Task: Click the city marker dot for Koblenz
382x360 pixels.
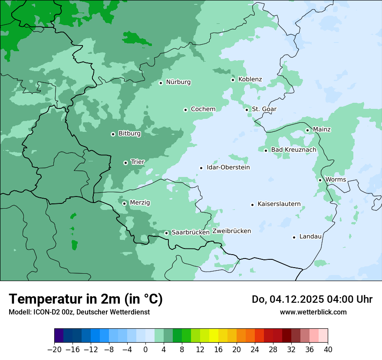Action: pyautogui.click(x=233, y=80)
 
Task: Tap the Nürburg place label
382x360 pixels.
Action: pyautogui.click(x=178, y=82)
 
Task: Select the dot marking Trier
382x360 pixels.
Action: pyautogui.click(x=125, y=163)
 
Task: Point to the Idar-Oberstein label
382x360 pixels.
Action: pyautogui.click(x=228, y=167)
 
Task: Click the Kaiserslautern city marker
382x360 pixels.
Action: pyautogui.click(x=252, y=205)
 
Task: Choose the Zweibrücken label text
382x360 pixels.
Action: pyautogui.click(x=231, y=231)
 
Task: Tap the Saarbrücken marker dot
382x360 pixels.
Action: pyautogui.click(x=166, y=233)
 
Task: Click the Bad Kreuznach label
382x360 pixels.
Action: pyautogui.click(x=293, y=150)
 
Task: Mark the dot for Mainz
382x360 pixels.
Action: pyautogui.click(x=307, y=130)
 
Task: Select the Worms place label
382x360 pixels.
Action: pyautogui.click(x=336, y=180)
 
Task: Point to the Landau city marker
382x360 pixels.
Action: pyautogui.click(x=294, y=237)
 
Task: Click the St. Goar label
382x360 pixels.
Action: pyautogui.click(x=264, y=109)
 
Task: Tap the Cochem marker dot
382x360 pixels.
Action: pyautogui.click(x=185, y=110)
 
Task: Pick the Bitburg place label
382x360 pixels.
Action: pyautogui.click(x=129, y=134)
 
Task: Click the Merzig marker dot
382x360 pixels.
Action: pyautogui.click(x=124, y=203)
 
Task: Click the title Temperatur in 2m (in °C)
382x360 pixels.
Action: pyautogui.click(x=86, y=299)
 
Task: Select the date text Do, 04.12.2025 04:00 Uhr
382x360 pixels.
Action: pyautogui.click(x=312, y=299)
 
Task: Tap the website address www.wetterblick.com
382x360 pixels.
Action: pyautogui.click(x=313, y=312)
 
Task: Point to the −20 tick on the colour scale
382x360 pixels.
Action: pyautogui.click(x=54, y=350)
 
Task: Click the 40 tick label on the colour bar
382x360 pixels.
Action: pyautogui.click(x=328, y=350)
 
